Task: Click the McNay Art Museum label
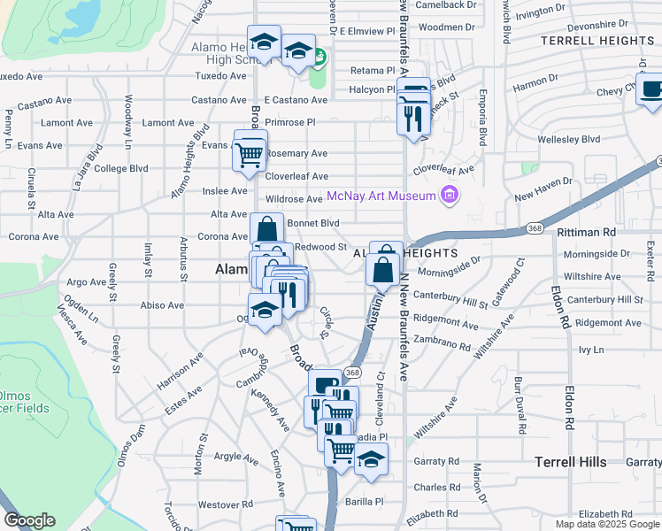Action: pos(381,196)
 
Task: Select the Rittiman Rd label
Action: pos(586,232)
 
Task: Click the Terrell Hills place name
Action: pos(571,462)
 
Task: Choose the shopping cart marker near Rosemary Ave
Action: pos(250,154)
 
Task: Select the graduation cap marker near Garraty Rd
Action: pos(372,460)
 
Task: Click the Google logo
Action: pos(28,520)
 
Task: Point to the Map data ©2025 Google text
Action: pos(606,524)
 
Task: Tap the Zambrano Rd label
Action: pos(440,343)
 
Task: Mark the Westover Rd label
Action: pos(220,504)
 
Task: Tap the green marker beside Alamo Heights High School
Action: pos(319,59)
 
